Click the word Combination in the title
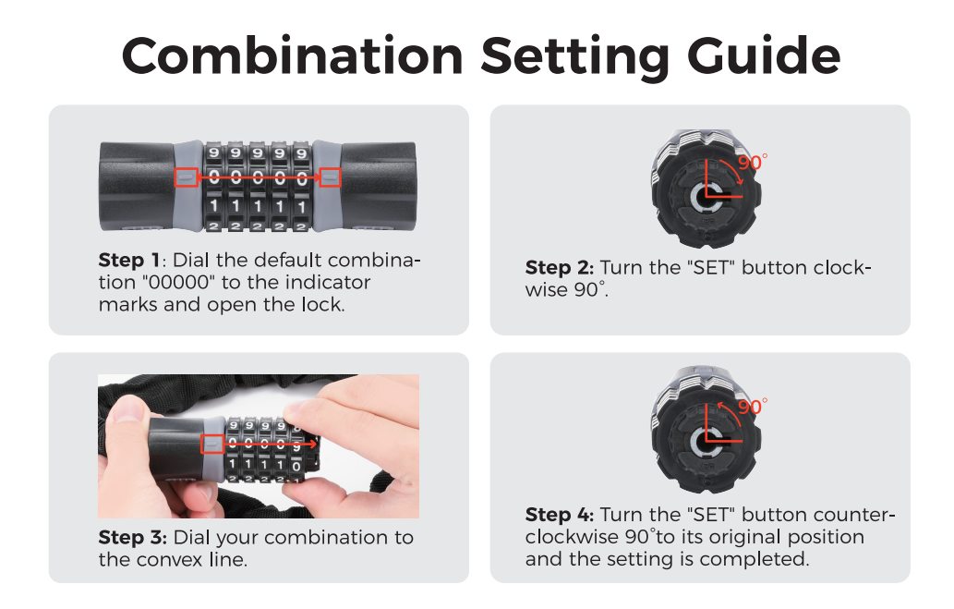point(293,56)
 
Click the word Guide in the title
point(764,56)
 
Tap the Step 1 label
point(129,261)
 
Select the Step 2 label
point(559,268)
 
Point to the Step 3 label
point(132,538)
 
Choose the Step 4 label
point(559,516)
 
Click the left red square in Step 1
point(187,177)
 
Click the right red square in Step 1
point(330,177)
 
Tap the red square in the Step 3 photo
point(212,444)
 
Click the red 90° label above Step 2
point(753,162)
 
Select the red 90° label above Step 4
point(753,407)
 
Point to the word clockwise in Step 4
point(571,537)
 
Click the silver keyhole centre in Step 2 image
point(707,196)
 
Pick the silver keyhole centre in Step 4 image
point(707,440)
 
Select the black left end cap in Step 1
point(138,186)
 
